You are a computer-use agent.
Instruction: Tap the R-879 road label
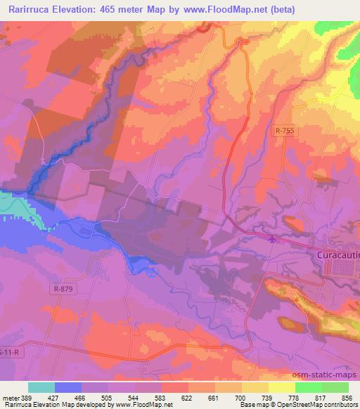click(61, 288)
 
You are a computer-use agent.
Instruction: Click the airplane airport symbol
click(273, 240)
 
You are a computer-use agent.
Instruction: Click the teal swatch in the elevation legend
click(41, 387)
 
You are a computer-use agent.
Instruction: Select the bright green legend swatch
click(307, 387)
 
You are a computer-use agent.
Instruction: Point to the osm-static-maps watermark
click(330, 374)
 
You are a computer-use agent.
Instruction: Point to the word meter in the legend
click(12, 397)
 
